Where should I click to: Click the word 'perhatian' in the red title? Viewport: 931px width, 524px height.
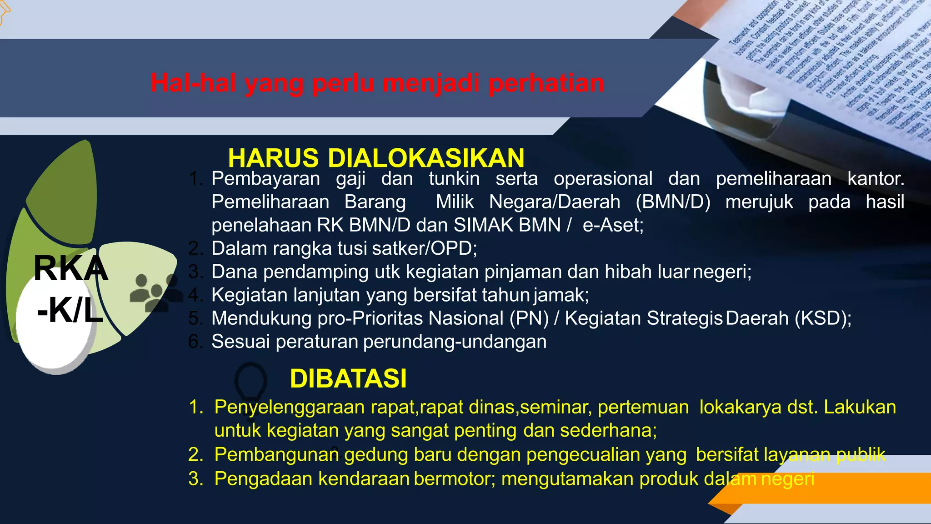tap(546, 83)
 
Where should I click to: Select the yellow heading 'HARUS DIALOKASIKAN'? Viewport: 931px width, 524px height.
tap(376, 158)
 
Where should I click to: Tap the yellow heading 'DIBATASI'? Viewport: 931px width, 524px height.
tap(348, 378)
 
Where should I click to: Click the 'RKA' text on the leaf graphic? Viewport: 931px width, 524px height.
tap(70, 268)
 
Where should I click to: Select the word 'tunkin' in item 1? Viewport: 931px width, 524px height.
tap(454, 179)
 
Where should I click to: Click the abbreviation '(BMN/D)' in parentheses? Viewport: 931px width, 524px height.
tap(673, 202)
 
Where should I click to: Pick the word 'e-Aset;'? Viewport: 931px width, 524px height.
tap(613, 225)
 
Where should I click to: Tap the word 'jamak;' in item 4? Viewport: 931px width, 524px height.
tap(561, 295)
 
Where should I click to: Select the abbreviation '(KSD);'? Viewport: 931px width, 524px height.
tap(823, 318)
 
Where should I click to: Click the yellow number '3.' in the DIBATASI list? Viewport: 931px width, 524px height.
tap(195, 479)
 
